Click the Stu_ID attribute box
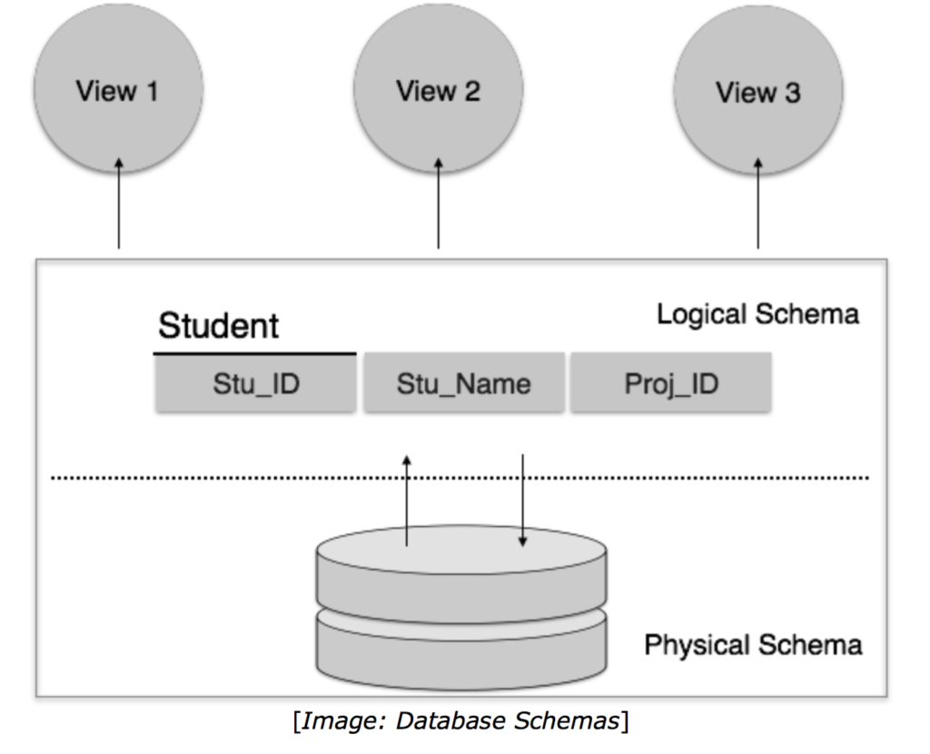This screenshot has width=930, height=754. (255, 383)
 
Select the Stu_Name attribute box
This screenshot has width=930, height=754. (463, 383)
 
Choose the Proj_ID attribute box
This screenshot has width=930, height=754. (670, 383)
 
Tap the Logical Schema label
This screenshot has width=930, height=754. (757, 314)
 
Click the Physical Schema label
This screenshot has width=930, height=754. (752, 645)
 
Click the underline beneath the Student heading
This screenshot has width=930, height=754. (255, 353)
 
